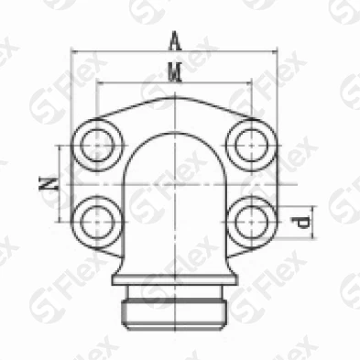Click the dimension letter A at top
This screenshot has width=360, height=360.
coord(175,40)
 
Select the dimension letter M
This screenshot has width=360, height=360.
coord(175,72)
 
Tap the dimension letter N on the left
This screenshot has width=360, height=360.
coord(49,184)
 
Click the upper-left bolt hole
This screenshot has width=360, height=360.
coord(97,145)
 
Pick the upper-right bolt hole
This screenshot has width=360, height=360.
coord(252,145)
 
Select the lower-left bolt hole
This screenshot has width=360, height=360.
coord(97,222)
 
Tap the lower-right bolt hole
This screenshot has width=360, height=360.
coord(252,222)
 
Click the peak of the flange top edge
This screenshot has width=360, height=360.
coord(174,97)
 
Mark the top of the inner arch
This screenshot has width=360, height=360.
coord(174,133)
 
